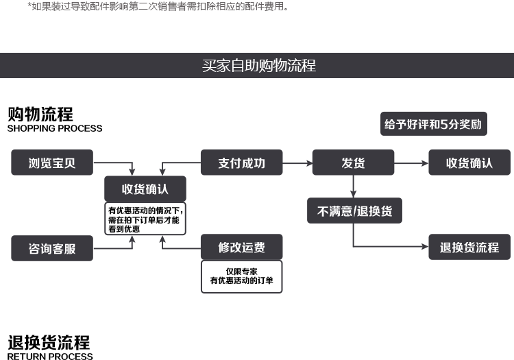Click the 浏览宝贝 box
pos(52,163)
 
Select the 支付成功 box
pos(241,163)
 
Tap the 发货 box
pos(353,163)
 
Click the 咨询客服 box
pos(52,248)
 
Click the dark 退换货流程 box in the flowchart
pos(469,248)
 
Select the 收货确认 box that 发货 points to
pos(469,163)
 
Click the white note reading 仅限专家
pos(241,276)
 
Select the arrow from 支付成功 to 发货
pos(297,163)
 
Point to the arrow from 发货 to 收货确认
pos(411,163)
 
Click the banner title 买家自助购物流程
pos(258,66)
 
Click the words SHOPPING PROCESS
pos(55,128)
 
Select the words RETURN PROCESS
pos(50,356)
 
